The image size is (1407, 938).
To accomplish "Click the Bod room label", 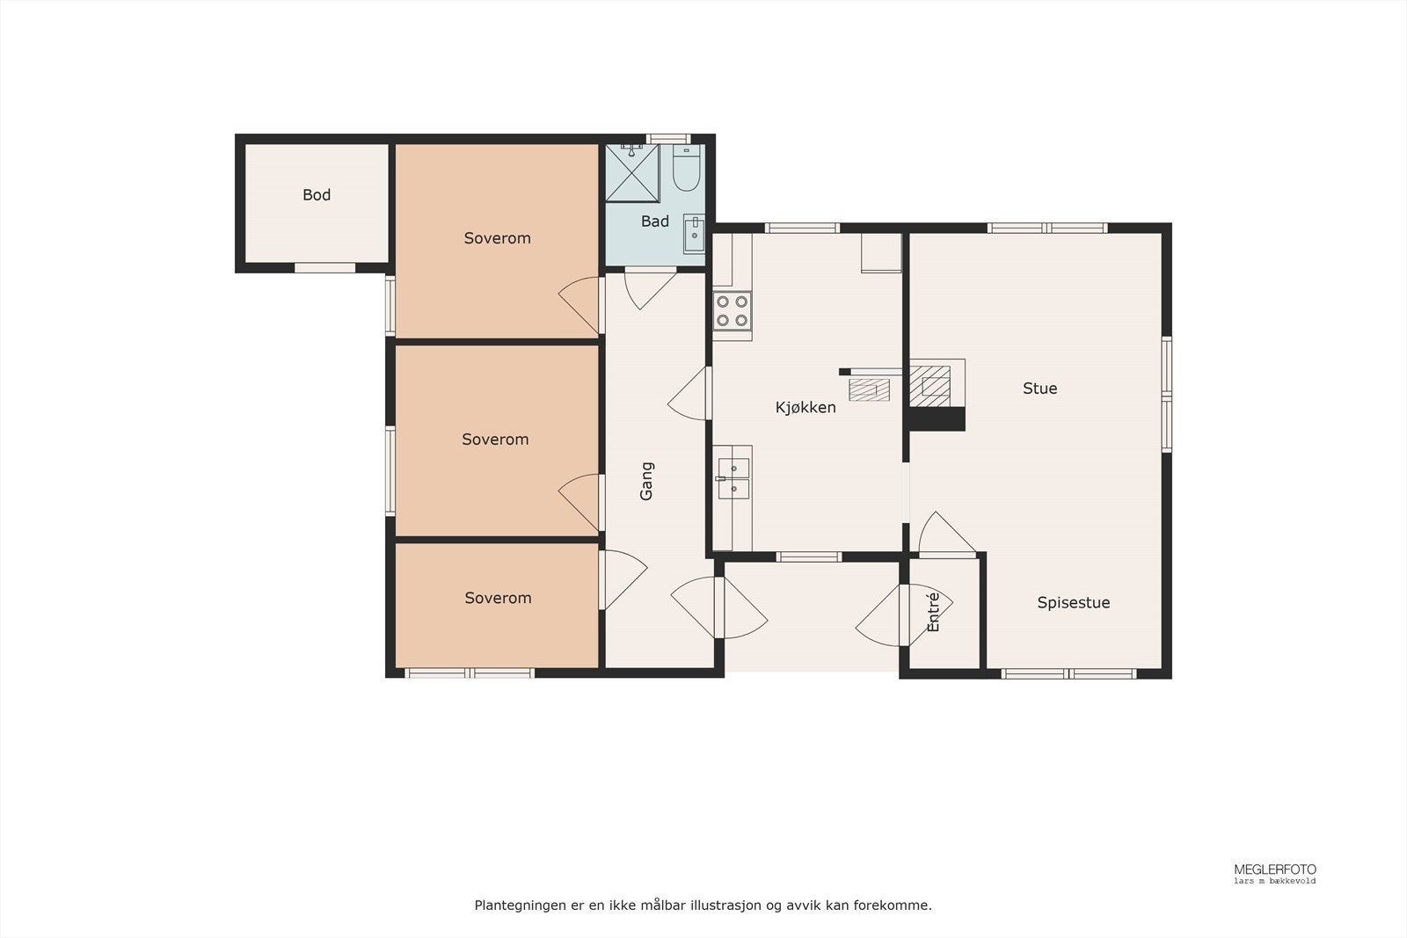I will coord(317,195).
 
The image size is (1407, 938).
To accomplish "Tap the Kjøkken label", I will coord(806,407).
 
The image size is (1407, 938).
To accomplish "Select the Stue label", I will coord(1039,389).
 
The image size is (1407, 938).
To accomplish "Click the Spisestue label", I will coord(1073,603).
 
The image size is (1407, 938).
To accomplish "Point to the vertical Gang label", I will coord(647,481).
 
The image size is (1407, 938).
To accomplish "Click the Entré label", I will coord(934,612).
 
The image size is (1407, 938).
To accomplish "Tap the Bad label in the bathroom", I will coord(654,222).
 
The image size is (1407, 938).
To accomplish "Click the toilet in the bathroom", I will coord(686,169).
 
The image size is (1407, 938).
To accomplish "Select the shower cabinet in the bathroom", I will coord(631,172).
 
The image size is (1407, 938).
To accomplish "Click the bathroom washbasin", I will coord(694,233).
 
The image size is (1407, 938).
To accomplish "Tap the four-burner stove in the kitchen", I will coord(732,310).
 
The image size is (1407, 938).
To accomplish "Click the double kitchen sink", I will coord(733,478).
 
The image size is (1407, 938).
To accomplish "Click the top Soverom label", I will coord(497,238).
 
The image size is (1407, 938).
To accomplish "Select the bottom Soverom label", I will coord(498,598).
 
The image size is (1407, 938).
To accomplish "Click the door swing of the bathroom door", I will coord(647,288).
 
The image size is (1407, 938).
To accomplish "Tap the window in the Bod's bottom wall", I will coord(324,267).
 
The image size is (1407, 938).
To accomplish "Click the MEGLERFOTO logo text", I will coord(1274,869).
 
